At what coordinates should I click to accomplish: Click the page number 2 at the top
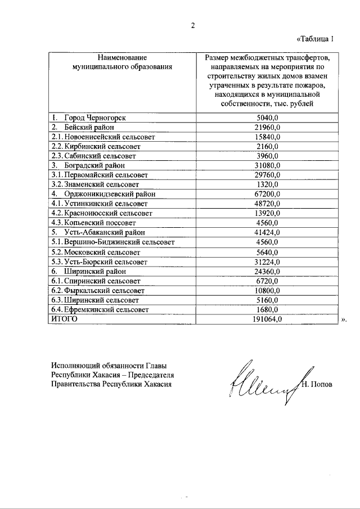click(192, 25)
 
